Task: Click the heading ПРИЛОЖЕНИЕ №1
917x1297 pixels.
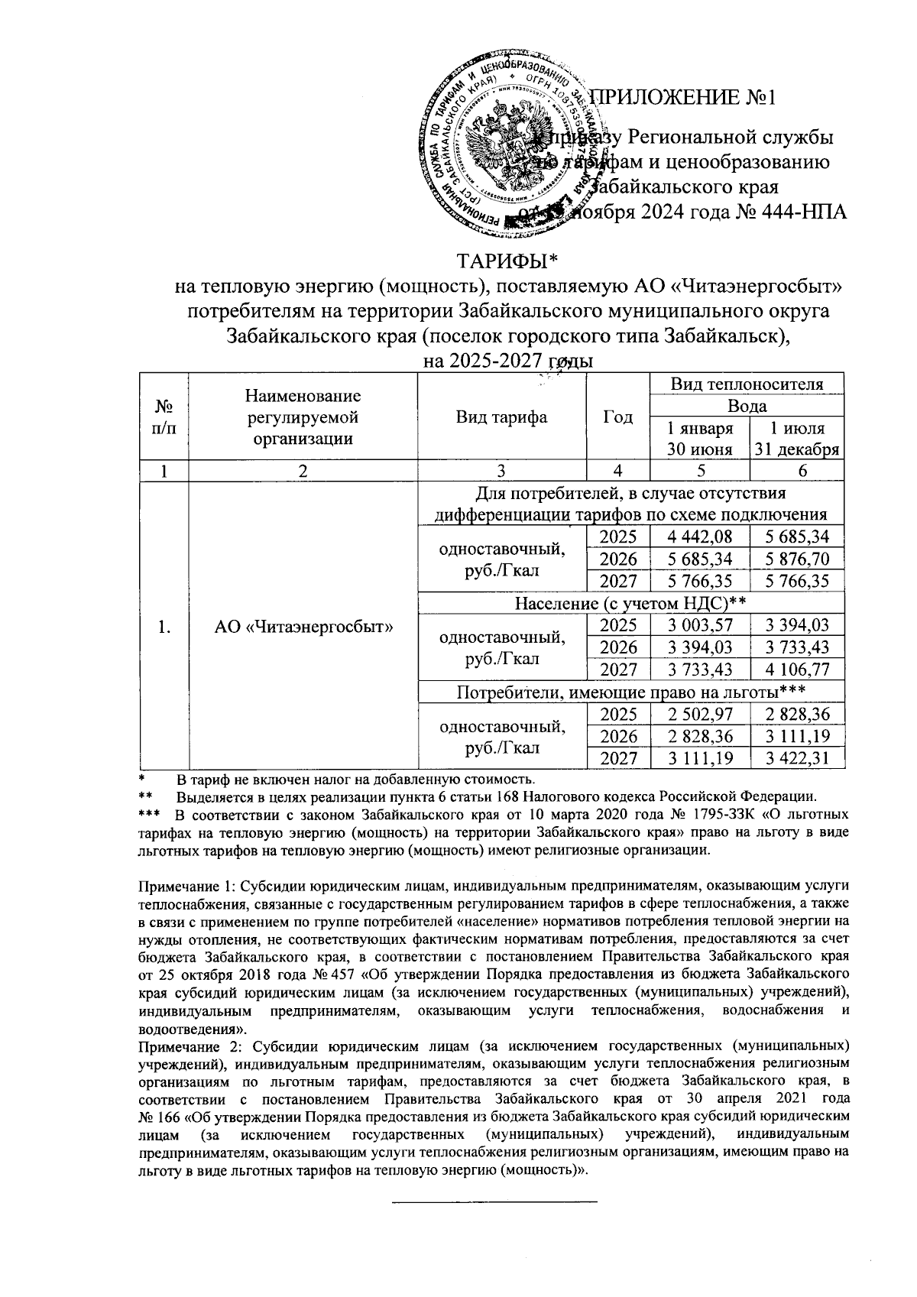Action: click(685, 98)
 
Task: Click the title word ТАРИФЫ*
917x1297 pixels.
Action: click(508, 262)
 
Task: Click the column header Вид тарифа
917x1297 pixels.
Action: click(501, 417)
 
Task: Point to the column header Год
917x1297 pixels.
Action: click(617, 417)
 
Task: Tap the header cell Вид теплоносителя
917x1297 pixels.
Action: click(747, 384)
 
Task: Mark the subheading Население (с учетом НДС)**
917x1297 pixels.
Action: click(630, 603)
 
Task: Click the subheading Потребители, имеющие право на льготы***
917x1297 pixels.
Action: click(630, 692)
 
